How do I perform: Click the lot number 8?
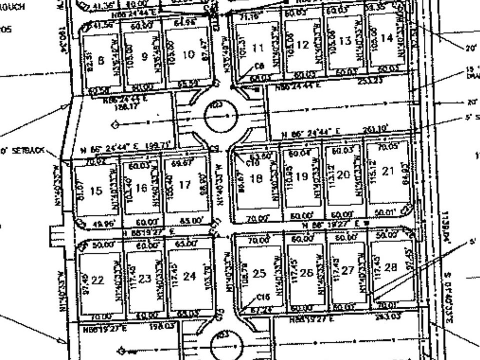101,60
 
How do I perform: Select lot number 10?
188,54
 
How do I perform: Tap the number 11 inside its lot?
258,48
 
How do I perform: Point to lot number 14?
386,37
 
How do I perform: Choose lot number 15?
96,190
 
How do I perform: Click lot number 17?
184,184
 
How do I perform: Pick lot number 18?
255,178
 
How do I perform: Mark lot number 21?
388,171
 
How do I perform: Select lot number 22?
97,280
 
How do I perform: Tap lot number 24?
189,276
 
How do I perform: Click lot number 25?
259,273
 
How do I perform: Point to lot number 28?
390,267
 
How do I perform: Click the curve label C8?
259,65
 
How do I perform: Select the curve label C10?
251,162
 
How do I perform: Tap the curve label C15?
262,296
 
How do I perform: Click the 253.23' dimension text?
371,80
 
